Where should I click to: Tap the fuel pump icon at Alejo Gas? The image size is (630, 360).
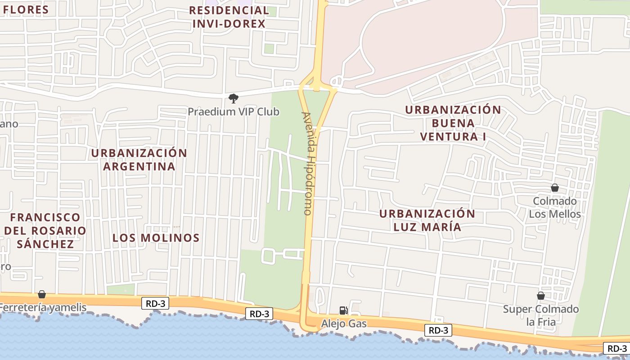[x=343, y=310]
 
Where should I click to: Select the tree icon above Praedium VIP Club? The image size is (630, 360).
[x=233, y=98]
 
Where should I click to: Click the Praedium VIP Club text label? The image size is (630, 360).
[x=234, y=112]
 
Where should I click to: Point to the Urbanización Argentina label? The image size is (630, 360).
[x=139, y=160]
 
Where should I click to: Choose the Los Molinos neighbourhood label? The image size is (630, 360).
[x=156, y=238]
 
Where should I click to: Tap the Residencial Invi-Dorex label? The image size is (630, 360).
[x=229, y=17]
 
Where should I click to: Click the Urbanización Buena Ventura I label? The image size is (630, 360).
[x=453, y=123]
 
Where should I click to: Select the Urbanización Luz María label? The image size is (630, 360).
[x=427, y=220]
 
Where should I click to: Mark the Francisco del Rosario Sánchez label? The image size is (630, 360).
[x=45, y=230]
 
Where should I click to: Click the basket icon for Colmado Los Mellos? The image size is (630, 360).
[x=555, y=188]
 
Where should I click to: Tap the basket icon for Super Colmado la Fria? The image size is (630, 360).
[x=541, y=296]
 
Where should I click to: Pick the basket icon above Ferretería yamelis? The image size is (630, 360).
[x=42, y=294]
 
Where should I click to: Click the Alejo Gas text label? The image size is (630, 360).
[x=344, y=324]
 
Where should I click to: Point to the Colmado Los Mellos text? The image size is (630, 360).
[x=555, y=207]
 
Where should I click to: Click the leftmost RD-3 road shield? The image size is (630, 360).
[x=155, y=304]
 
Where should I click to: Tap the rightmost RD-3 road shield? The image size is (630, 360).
[x=616, y=348]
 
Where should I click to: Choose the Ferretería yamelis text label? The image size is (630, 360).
[x=43, y=308]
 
